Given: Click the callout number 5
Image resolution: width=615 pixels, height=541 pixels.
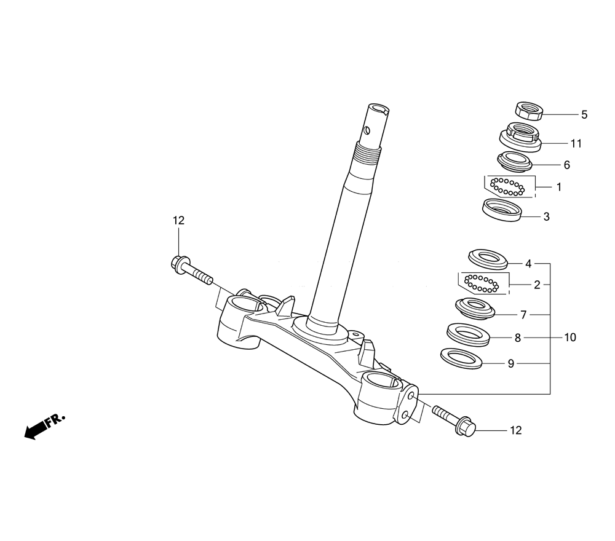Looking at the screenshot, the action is pos(584,115).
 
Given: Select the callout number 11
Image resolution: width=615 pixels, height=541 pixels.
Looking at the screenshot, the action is pos(576,144).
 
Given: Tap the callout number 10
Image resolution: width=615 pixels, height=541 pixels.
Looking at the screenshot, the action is pos(570,337).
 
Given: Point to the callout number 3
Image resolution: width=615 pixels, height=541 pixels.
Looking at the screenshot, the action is pos(546,217).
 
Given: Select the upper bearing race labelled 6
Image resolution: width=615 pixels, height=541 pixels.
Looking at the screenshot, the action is pos(515,162).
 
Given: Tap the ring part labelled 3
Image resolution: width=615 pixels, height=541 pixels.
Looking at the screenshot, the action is pos(502,210).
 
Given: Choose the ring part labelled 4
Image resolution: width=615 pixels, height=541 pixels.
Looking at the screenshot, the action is pos(488,259).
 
